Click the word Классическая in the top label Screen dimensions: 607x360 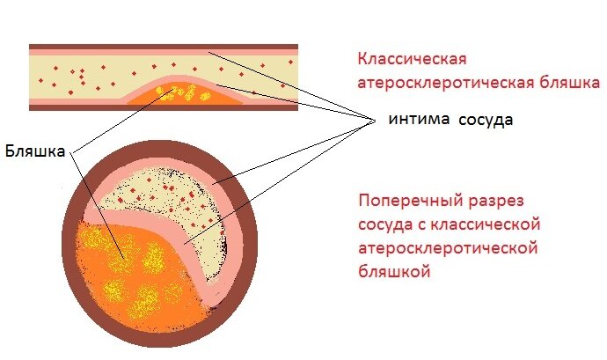click(x=411, y=60)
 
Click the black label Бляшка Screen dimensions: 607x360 click(x=35, y=150)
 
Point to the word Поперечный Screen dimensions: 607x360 click(x=405, y=199)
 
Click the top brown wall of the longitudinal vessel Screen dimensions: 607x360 click(x=163, y=46)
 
